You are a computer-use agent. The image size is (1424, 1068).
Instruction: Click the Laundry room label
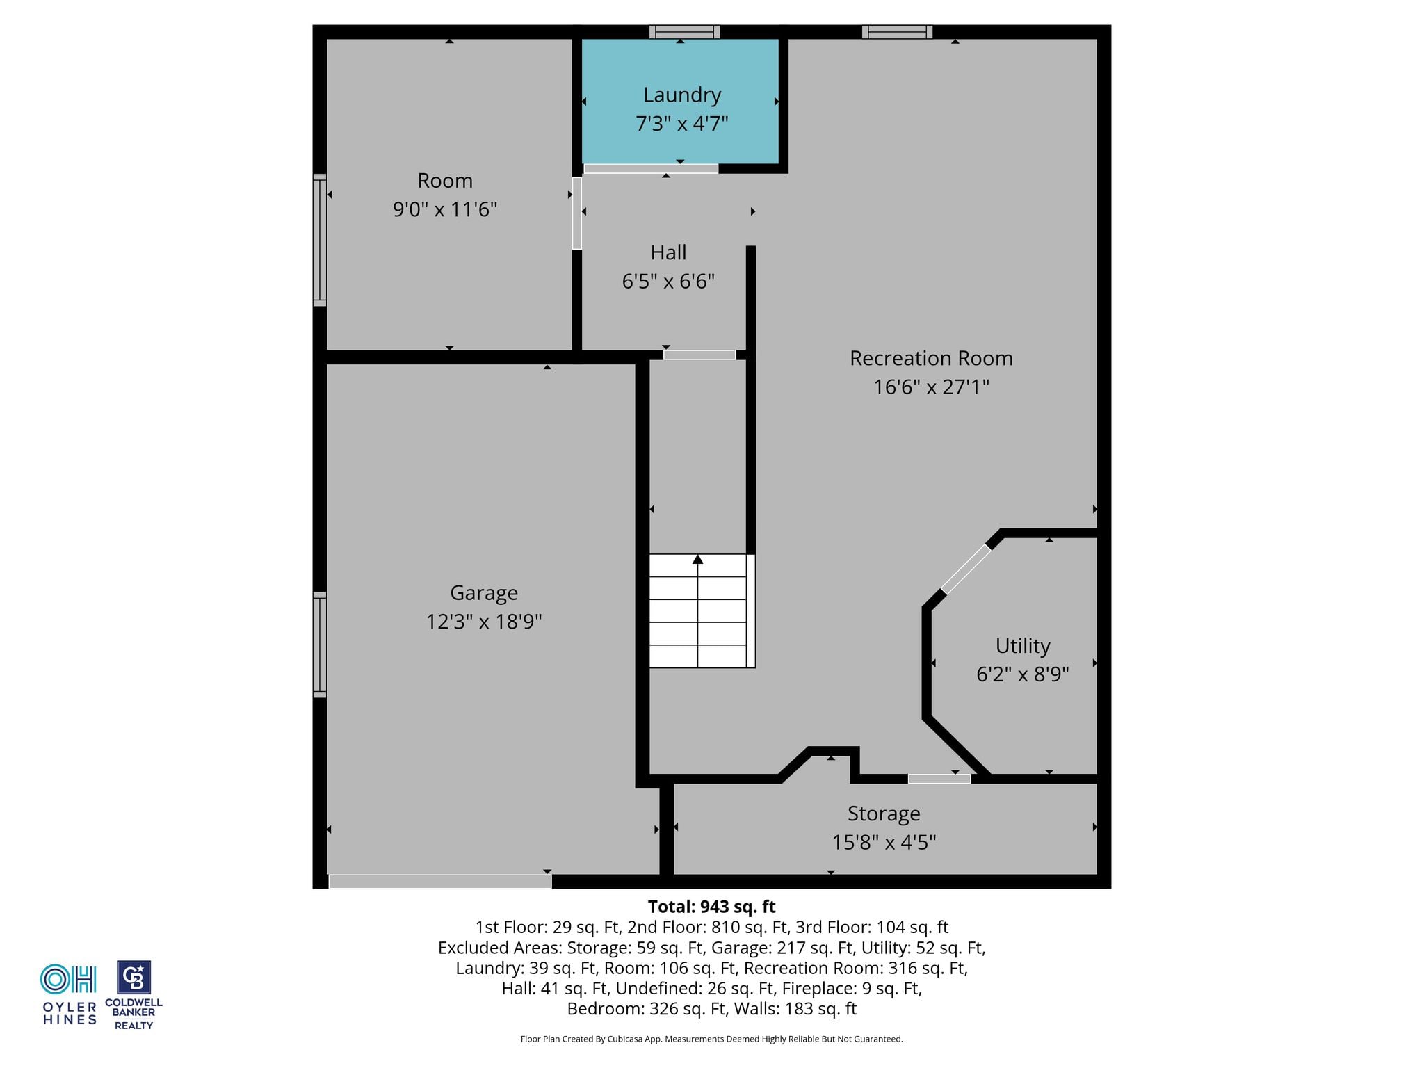682,95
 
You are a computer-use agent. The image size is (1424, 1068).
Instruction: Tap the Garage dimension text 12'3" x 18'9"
484,621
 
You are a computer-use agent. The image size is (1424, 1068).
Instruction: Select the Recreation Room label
931,358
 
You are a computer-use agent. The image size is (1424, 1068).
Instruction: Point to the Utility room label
1023,647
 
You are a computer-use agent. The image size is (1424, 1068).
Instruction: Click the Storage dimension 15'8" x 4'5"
884,843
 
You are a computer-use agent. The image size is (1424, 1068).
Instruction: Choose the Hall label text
669,252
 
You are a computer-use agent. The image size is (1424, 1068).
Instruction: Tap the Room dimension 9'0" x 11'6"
445,209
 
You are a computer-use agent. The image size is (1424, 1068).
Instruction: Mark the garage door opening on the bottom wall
440,881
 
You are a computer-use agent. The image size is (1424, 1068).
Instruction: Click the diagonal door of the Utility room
966,569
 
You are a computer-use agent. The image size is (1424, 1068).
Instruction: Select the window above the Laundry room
684,32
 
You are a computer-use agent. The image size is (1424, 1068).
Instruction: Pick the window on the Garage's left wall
320,645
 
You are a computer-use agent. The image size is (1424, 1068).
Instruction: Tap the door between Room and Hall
577,213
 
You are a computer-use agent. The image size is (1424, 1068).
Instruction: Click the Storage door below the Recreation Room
939,779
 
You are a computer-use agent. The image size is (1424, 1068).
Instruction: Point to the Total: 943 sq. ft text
712,907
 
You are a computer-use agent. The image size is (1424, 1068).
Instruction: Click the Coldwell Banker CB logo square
133,978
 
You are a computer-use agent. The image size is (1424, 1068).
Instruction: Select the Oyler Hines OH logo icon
68,979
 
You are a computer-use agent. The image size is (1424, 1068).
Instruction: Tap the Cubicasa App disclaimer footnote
712,1039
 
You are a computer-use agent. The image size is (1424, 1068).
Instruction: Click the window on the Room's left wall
320,240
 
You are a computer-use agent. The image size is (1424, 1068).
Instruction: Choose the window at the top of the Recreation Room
897,32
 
